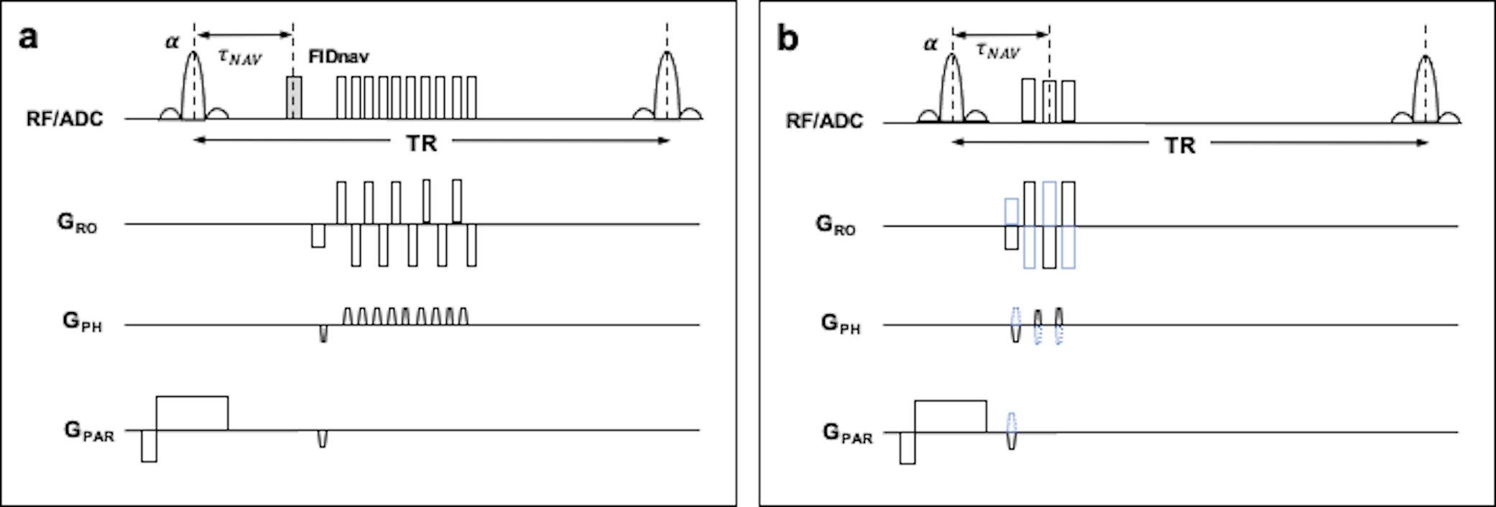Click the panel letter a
(x=28, y=37)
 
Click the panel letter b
(x=788, y=39)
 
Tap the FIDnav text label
(x=338, y=56)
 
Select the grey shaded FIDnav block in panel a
(x=294, y=97)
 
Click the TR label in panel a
(x=421, y=143)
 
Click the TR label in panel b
(x=1180, y=145)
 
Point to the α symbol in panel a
(x=172, y=42)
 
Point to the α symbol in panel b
(x=931, y=44)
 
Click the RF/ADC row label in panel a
(x=65, y=119)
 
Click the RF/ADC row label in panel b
(x=824, y=120)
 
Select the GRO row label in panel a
(x=77, y=223)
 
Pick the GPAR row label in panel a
(x=88, y=431)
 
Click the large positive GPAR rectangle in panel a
(x=192, y=413)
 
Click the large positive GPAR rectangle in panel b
(x=950, y=416)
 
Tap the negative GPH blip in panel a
(x=323, y=333)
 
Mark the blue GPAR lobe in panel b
(x=1011, y=431)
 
